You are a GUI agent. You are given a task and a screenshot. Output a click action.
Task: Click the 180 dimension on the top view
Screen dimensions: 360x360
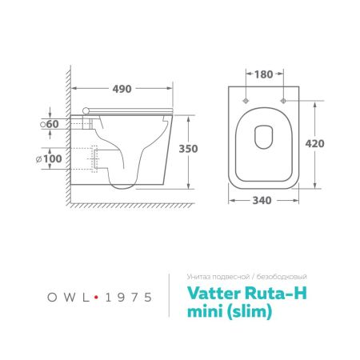(x=265, y=73)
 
